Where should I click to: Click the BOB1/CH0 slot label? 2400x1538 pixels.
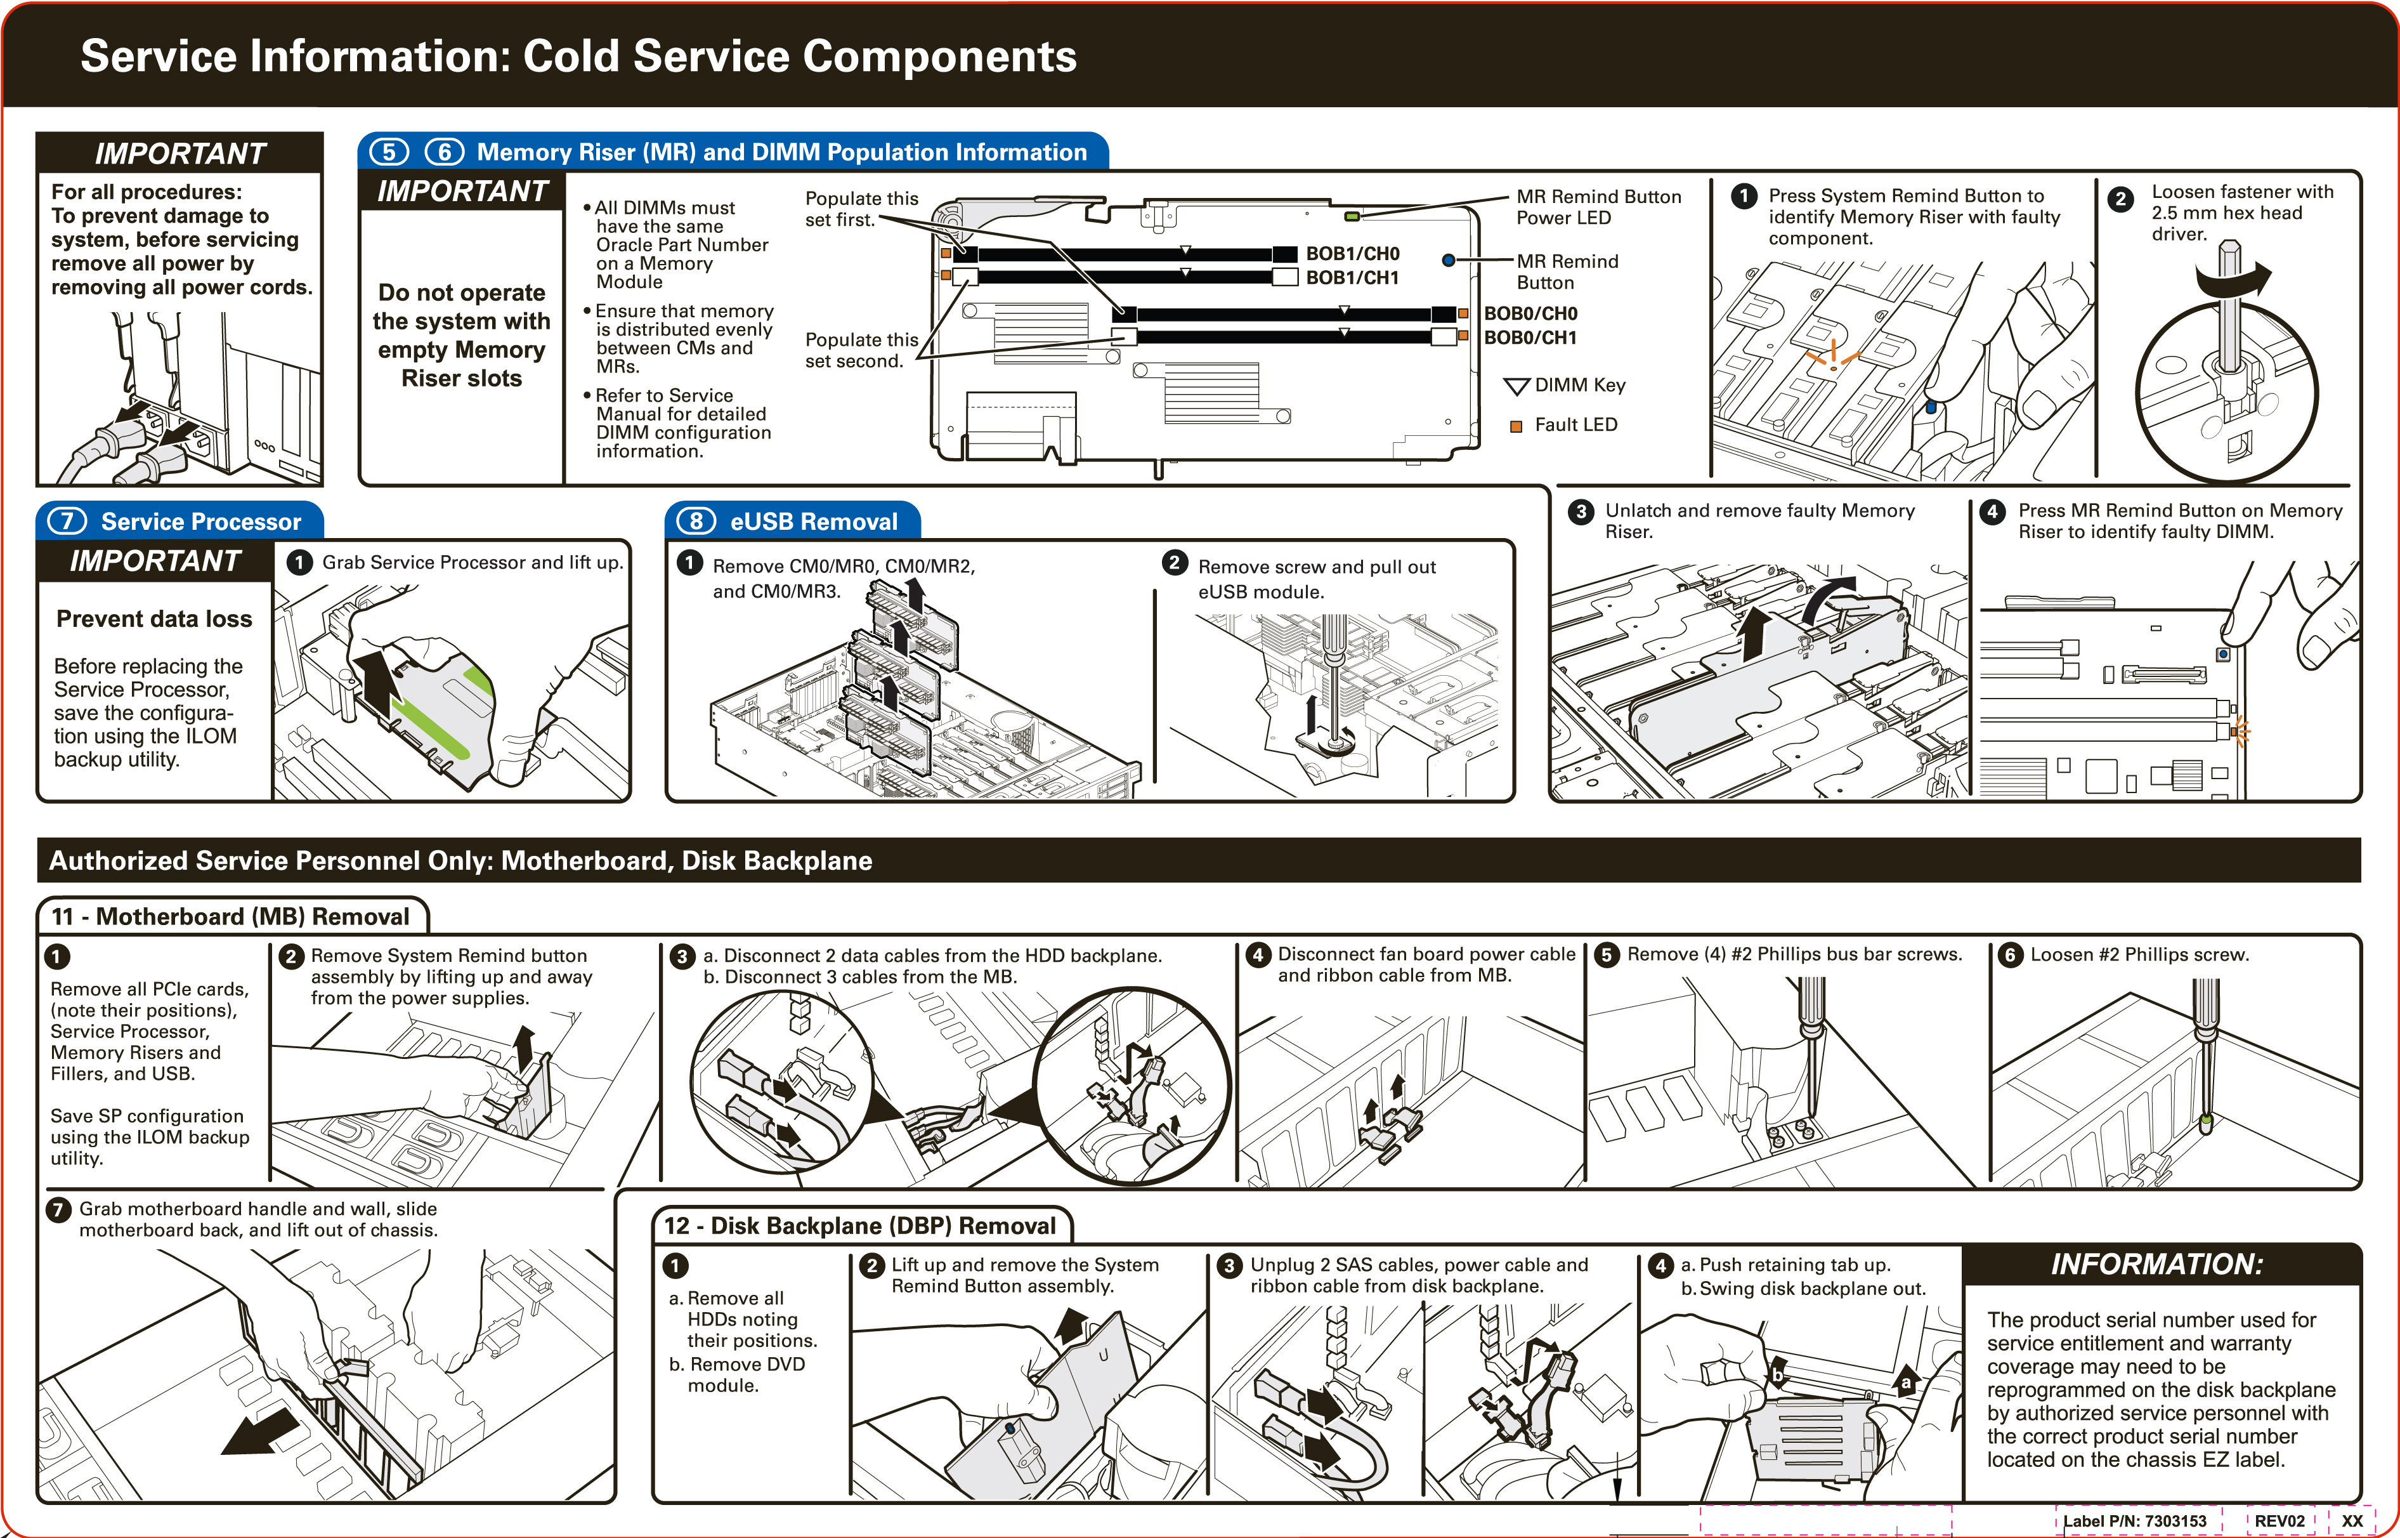1353,254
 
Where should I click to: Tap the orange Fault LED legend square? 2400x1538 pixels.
1515,426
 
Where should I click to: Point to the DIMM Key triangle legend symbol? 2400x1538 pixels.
1516,386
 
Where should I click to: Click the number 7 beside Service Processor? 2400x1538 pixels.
67,522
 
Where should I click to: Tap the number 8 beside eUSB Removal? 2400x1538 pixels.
696,522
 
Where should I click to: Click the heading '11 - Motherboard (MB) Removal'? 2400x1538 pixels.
231,917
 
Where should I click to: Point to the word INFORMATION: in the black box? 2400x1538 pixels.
2156,1265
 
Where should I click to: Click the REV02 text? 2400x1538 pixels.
2279,1521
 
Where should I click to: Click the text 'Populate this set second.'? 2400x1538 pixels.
861,350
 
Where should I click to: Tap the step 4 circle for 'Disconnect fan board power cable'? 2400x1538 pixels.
1257,955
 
